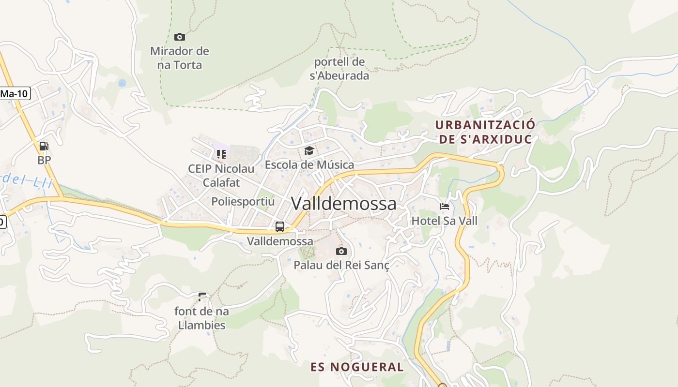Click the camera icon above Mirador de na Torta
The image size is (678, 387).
pos(180,37)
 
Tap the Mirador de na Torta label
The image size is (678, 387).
pos(180,58)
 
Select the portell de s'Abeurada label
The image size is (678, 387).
pos(339,69)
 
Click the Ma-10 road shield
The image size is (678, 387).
pos(14,94)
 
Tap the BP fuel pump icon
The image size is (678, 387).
pos(44,146)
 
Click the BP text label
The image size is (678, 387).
pos(44,160)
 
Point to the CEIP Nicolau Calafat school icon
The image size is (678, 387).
pos(221,154)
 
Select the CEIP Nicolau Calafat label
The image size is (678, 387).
pos(221,176)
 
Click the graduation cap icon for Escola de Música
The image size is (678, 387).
pos(309,151)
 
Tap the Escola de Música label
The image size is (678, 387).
pos(309,165)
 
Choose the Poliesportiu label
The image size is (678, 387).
pos(243,201)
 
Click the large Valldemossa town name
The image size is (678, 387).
pos(343,204)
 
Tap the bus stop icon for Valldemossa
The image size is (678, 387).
pos(280,227)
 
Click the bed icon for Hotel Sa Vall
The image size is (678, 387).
pos(445,207)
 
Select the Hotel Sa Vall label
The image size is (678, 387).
pos(445,221)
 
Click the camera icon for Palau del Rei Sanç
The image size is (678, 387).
pos(341,251)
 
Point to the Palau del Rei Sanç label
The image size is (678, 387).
pos(341,265)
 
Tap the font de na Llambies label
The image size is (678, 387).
pos(202,318)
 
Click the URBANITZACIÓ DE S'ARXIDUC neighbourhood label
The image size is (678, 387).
pos(485,132)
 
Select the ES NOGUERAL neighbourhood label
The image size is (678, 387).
pos(357,367)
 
